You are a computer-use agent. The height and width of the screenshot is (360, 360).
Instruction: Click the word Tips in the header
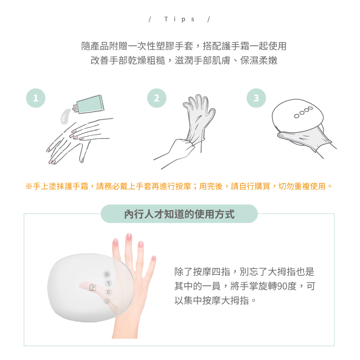pyautogui.click(x=179, y=19)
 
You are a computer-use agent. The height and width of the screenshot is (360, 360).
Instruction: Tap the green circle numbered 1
pyautogui.click(x=36, y=98)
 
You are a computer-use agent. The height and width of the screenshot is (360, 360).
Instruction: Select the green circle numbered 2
pyautogui.click(x=157, y=98)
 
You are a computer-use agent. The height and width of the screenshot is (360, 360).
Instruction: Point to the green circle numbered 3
pyautogui.click(x=256, y=98)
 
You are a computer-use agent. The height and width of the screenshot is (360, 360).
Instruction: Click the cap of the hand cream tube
pyautogui.click(x=75, y=108)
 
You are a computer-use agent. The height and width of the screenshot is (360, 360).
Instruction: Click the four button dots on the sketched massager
pyautogui.click(x=303, y=112)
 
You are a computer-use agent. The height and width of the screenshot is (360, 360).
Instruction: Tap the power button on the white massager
pyautogui.click(x=107, y=301)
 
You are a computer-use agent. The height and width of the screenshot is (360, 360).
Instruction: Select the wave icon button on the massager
pyautogui.click(x=107, y=274)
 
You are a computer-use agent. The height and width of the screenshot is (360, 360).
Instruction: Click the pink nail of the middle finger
pyautogui.click(x=129, y=237)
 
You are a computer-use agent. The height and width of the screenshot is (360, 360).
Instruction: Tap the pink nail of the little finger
pyautogui.click(x=153, y=258)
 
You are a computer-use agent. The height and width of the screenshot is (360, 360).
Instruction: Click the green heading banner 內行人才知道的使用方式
pyautogui.click(x=179, y=214)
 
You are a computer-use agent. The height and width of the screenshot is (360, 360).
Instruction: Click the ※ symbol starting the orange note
pyautogui.click(x=29, y=186)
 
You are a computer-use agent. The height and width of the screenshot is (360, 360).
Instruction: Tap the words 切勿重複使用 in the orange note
pyautogui.click(x=301, y=186)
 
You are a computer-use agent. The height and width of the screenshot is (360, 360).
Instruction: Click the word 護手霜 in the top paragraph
pyautogui.click(x=244, y=46)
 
